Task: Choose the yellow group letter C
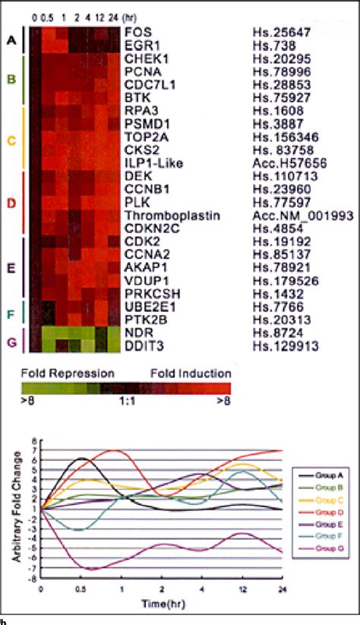point(10,140)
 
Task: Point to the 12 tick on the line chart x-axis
point(242,589)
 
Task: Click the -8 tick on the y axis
point(33,579)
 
